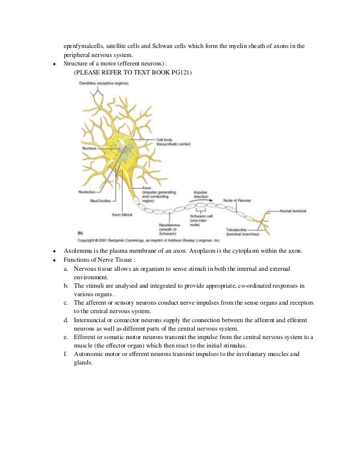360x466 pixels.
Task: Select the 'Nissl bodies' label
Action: coord(100,200)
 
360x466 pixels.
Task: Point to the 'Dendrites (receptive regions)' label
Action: coord(104,83)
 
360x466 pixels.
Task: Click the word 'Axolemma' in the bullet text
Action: coord(80,250)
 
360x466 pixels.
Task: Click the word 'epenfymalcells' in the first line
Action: coord(83,46)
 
